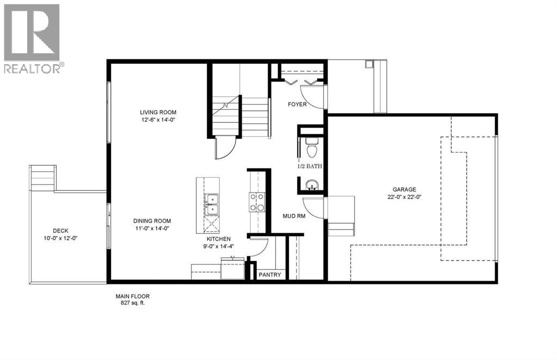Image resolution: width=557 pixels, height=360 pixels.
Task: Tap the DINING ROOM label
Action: [152, 221]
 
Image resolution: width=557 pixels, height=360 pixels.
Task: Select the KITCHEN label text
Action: [218, 239]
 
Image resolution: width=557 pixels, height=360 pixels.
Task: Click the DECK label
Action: [60, 230]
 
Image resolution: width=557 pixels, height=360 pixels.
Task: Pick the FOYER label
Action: [297, 104]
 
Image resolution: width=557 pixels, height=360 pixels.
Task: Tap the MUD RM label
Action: [294, 216]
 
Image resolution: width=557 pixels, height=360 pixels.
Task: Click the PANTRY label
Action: [270, 275]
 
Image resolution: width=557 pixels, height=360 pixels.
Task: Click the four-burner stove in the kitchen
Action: [256, 202]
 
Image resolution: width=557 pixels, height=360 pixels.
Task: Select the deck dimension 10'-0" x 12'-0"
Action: [60, 238]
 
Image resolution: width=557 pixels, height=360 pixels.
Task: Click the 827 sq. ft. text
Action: [132, 303]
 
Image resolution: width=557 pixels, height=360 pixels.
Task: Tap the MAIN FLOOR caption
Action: [132, 296]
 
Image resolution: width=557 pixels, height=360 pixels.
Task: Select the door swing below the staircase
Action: [225, 147]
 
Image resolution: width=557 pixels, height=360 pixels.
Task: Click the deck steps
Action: [42, 178]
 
